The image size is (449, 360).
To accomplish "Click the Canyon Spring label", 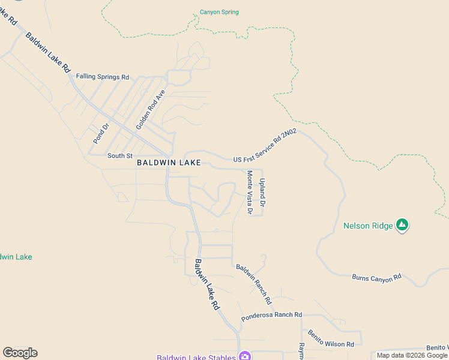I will pos(219,12).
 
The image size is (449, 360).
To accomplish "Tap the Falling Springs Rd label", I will pos(103,77).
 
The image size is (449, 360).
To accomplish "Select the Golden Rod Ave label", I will pos(150,110).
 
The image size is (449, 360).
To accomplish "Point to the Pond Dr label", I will pos(100,133).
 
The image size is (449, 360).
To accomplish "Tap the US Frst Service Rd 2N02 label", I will pos(265,146).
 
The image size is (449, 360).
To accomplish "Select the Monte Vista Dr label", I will pos(250,193).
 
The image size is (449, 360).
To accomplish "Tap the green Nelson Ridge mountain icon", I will pos(402,226).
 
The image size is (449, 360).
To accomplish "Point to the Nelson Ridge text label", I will pos(368,226).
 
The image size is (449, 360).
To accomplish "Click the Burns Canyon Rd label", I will pos(376,278).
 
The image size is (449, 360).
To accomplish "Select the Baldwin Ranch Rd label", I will pos(254,283).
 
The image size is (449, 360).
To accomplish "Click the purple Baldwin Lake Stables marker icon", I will pos(245,356).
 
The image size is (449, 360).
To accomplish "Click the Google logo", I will pos(20,353).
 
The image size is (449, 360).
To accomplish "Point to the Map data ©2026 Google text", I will pos(411,355).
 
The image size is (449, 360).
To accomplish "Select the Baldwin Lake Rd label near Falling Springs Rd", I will pos(48,52).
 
